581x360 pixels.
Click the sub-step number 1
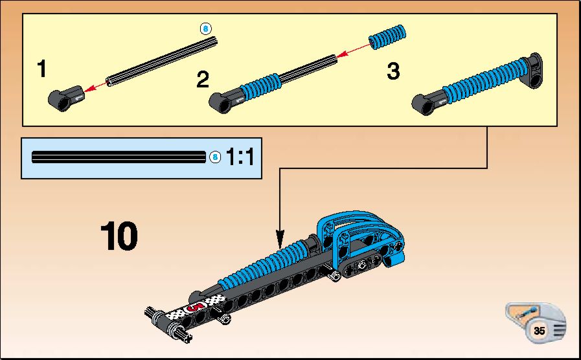pyautogui.click(x=42, y=69)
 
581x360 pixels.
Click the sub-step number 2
pyautogui.click(x=203, y=79)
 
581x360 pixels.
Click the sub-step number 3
pyautogui.click(x=393, y=71)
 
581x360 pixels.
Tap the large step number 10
pyautogui.click(x=119, y=236)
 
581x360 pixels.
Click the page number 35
pyautogui.click(x=539, y=330)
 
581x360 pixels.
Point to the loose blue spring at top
pyautogui.click(x=387, y=37)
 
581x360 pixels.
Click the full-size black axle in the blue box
pyautogui.click(x=119, y=157)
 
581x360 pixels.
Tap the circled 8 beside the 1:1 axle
pyautogui.click(x=215, y=157)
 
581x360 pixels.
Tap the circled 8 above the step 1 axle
pyautogui.click(x=205, y=28)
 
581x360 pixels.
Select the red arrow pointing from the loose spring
pyautogui.click(x=354, y=51)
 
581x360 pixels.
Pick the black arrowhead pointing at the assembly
pyautogui.click(x=280, y=239)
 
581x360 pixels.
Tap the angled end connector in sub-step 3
pyautogui.click(x=534, y=71)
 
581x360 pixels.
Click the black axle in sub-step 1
pyautogui.click(x=161, y=62)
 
